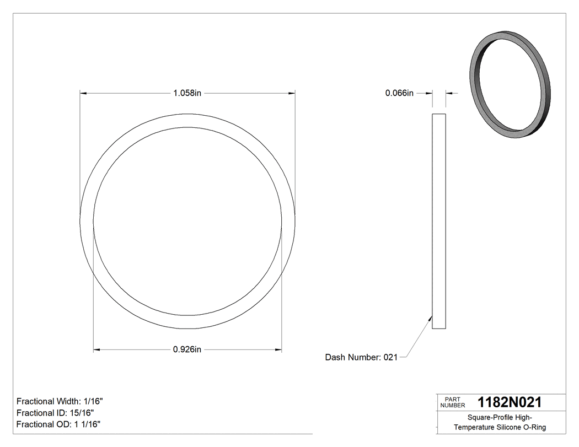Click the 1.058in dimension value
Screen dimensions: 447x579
point(187,93)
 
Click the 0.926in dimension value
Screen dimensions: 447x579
point(187,349)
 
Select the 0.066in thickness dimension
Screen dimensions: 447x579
point(399,93)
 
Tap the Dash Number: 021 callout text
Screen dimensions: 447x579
point(361,357)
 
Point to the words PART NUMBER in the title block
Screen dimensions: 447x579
point(453,402)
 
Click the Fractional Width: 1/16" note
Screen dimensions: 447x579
point(60,401)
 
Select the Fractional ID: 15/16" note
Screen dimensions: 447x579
point(55,413)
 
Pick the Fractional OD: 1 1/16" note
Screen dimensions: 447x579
point(58,424)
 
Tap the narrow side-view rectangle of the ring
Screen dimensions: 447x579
point(438,220)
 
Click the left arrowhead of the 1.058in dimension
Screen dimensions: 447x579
point(83,93)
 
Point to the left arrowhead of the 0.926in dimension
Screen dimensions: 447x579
point(96,349)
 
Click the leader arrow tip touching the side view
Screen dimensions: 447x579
point(431,316)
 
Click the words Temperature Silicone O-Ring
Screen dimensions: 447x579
point(500,427)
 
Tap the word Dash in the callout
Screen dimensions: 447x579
point(335,357)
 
